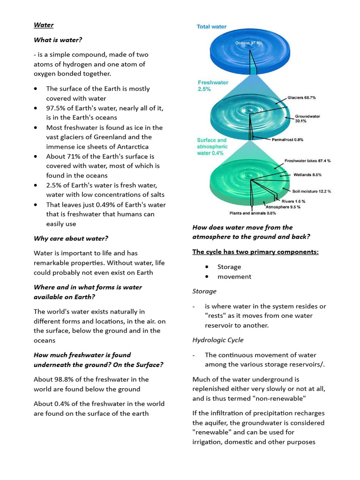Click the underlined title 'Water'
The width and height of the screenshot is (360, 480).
click(44, 25)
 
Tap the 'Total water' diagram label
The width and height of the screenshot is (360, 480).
click(211, 27)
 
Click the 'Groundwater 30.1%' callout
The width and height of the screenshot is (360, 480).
click(307, 118)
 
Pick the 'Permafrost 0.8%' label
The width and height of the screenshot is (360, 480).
click(287, 139)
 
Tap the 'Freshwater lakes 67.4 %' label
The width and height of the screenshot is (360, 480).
click(307, 161)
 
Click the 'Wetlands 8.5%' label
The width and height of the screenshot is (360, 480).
click(307, 175)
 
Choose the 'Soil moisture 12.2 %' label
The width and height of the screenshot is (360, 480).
click(312, 191)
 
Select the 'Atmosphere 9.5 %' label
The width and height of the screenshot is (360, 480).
click(283, 207)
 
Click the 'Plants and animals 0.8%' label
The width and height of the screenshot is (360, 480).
click(252, 213)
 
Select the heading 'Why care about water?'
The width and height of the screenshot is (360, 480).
click(71, 238)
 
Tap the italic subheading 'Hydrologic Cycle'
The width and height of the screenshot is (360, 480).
click(218, 340)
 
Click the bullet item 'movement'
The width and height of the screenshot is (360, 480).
click(234, 277)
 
